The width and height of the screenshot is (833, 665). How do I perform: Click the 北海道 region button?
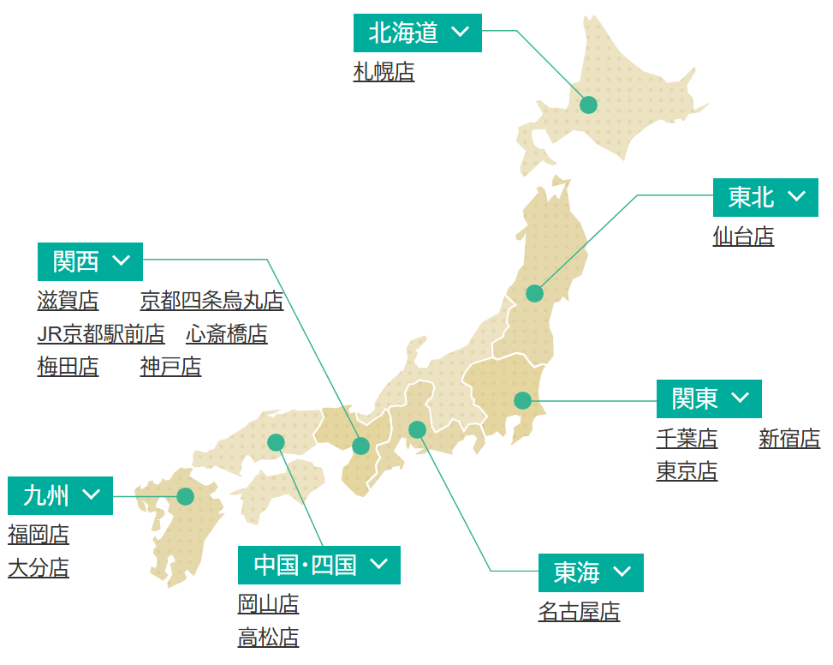[x=417, y=33]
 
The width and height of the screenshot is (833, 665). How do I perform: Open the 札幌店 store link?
[x=384, y=73]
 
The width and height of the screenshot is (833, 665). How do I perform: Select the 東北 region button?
[x=765, y=198]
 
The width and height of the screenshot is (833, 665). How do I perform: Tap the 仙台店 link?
[x=743, y=237]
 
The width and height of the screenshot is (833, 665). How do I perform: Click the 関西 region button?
[x=90, y=261]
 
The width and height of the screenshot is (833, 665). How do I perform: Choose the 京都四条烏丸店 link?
[x=211, y=301]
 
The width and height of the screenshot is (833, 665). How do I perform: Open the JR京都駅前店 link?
[x=101, y=334]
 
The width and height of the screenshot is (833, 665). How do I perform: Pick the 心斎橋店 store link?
[x=226, y=334]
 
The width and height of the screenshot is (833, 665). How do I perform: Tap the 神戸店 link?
[x=170, y=368]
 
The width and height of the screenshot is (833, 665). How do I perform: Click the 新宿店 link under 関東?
[x=789, y=440]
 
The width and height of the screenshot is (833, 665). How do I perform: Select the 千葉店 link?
[x=687, y=440]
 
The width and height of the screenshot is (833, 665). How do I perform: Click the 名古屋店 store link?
[x=579, y=612]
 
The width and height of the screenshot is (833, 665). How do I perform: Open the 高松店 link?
[x=268, y=638]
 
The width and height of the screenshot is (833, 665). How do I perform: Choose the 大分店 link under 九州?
[x=39, y=568]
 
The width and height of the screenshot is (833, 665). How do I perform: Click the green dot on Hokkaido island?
[x=588, y=105]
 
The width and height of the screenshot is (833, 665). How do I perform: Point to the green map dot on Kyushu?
[x=185, y=496]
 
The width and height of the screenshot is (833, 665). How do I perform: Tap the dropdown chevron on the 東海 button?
[x=622, y=572]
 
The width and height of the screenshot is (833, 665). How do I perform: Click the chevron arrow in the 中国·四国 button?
[x=379, y=565]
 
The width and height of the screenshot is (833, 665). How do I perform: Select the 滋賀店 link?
[x=68, y=301]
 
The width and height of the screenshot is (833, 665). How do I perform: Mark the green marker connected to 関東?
[x=522, y=400]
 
